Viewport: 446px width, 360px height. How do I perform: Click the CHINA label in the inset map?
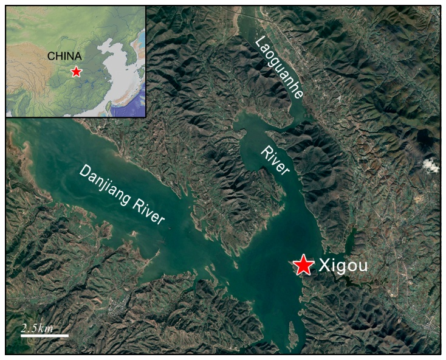click(x=64, y=57)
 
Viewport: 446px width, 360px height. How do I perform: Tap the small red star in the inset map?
click(x=76, y=72)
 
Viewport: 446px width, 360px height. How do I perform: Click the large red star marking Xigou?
click(x=303, y=265)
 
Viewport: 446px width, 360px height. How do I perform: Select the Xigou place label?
click(x=343, y=266)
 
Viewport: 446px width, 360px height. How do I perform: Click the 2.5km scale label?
click(x=37, y=328)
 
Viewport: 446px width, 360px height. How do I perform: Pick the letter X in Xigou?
click(x=324, y=266)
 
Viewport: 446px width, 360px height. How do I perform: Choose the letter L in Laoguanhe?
click(x=259, y=42)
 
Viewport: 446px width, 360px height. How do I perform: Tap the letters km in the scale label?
click(x=46, y=328)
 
